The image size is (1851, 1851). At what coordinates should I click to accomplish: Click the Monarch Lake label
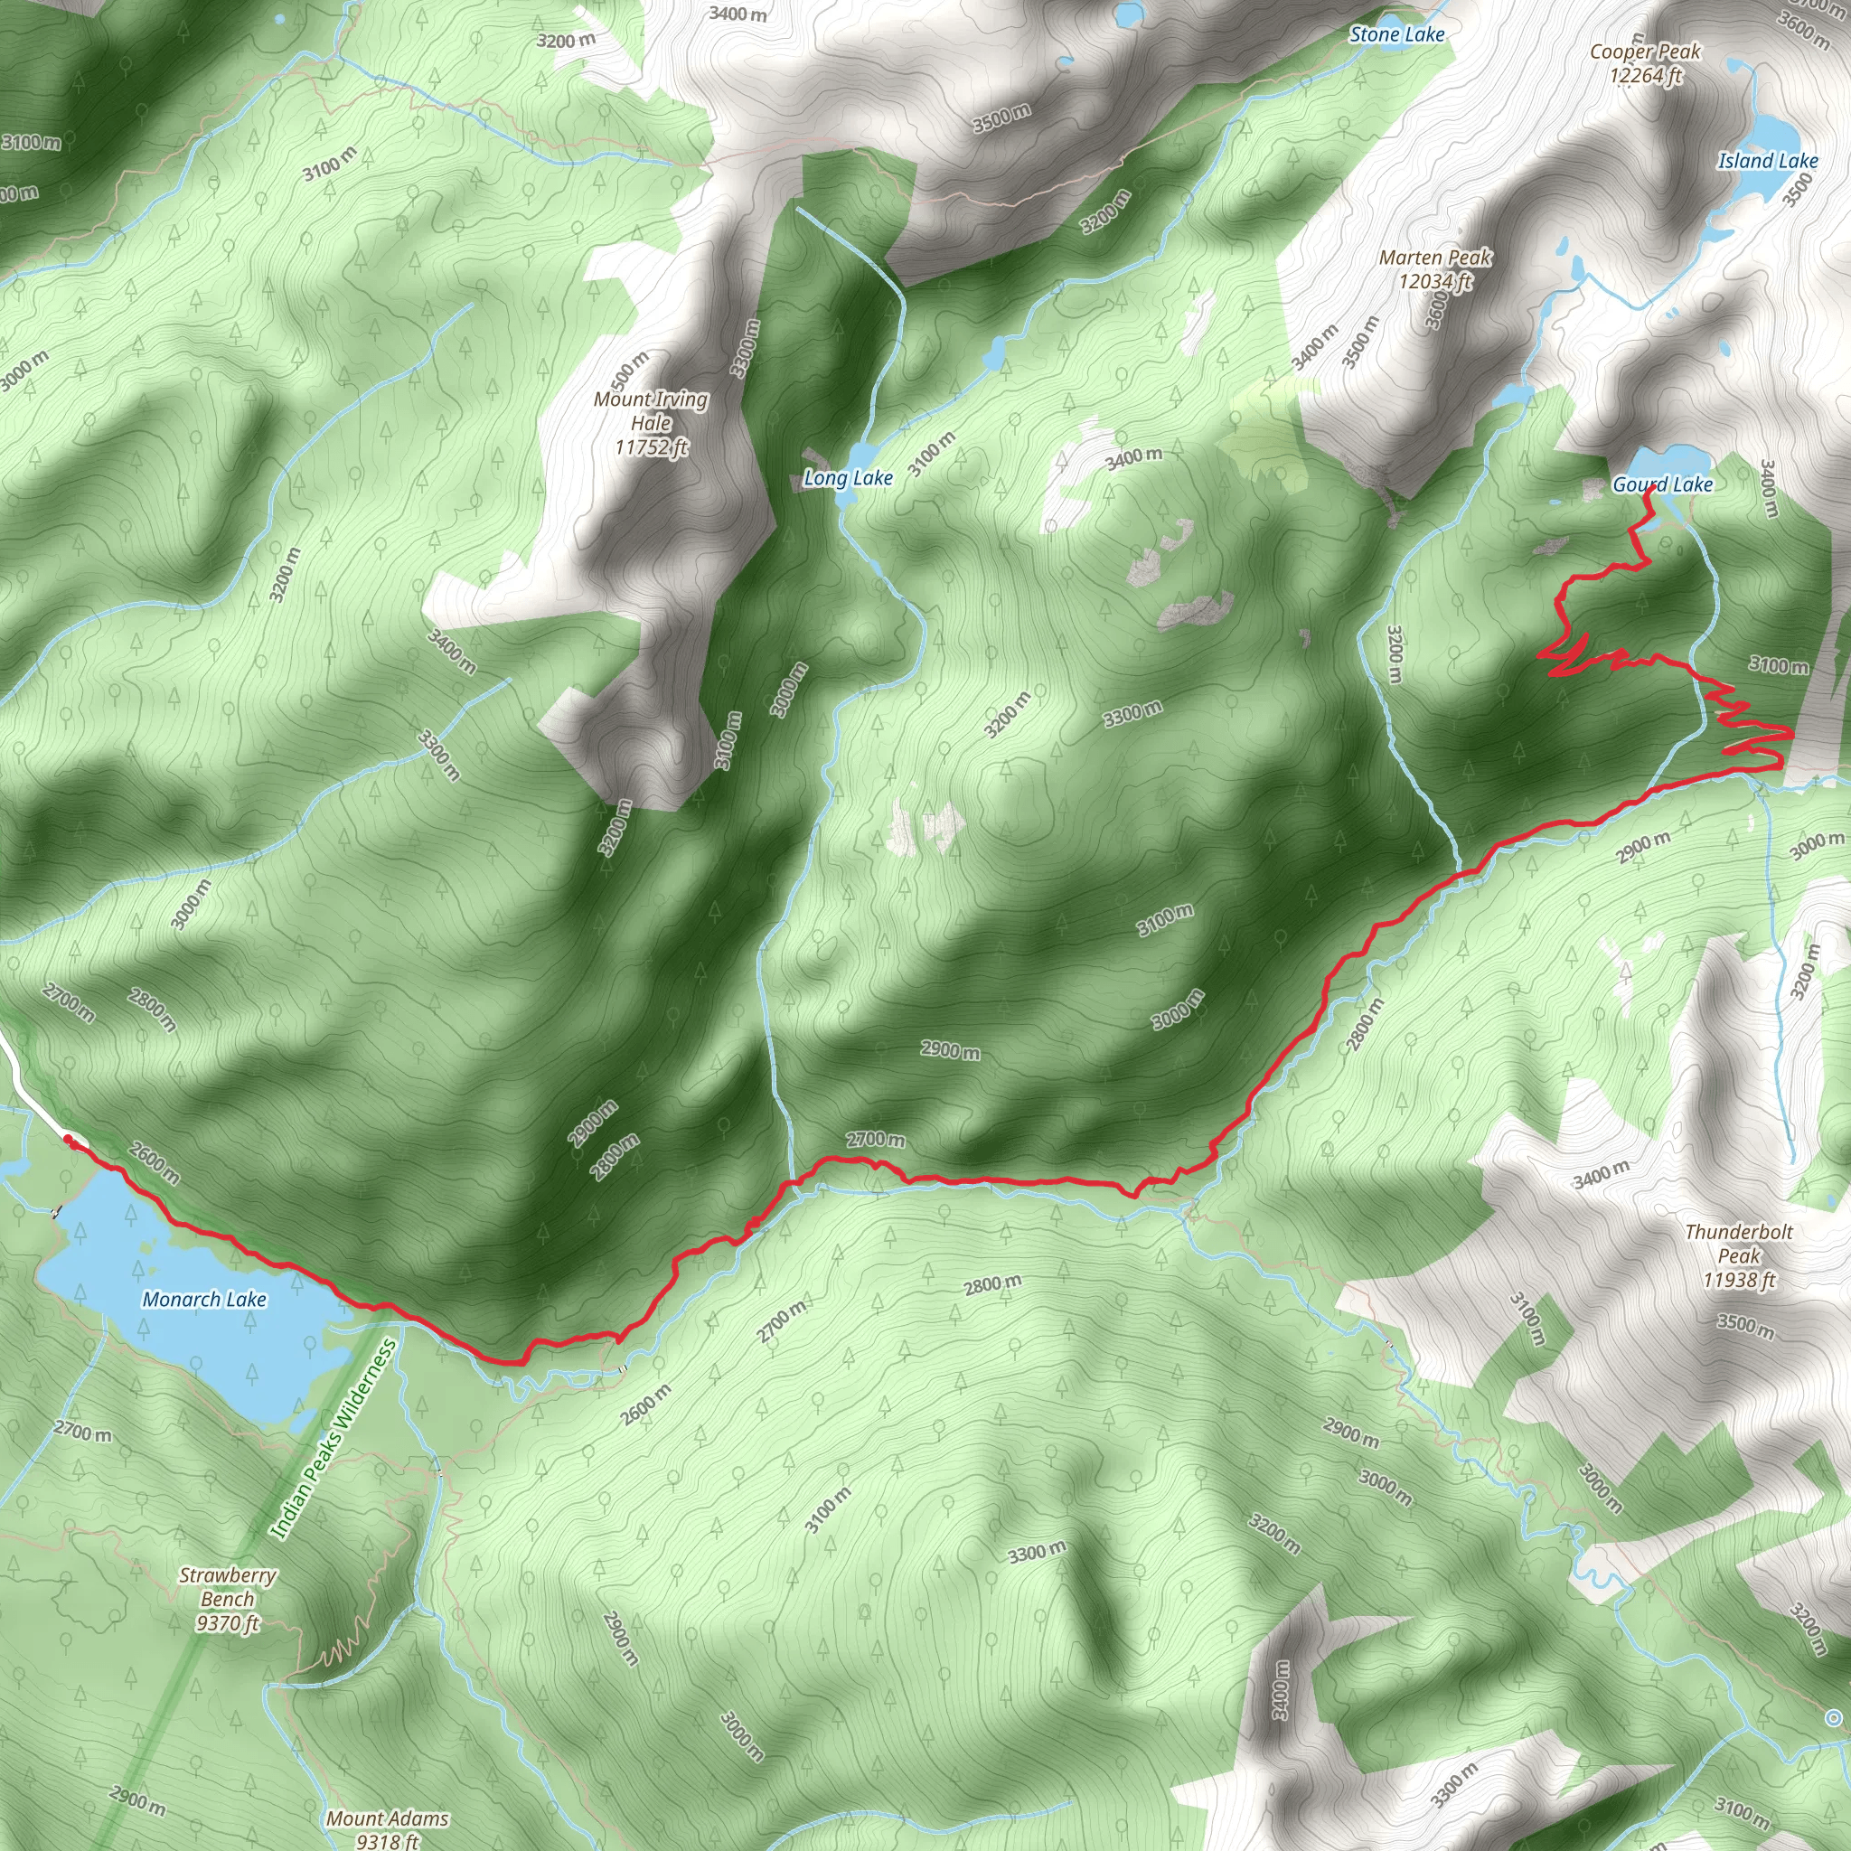coord(204,1299)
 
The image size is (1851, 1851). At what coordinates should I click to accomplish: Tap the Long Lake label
coord(848,478)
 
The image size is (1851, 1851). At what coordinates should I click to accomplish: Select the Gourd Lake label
coord(1662,484)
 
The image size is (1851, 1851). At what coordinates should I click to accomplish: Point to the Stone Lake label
coord(1397,35)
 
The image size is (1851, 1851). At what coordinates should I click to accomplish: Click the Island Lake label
coord(1768,161)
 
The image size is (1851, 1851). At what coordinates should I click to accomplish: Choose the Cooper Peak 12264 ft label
coord(1645,63)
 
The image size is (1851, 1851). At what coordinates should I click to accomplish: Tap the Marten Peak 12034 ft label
coord(1435,269)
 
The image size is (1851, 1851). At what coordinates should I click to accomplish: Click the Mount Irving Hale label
coord(652,422)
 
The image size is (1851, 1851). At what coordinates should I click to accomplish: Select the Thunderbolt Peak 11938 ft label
coord(1739,1255)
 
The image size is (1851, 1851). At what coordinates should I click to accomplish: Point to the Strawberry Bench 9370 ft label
coord(228,1599)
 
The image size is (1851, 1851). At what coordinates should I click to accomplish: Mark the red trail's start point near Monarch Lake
coord(67,1139)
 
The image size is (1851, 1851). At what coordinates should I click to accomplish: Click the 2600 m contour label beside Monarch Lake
coord(154,1163)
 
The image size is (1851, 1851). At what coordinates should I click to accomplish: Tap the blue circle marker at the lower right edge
coord(1834,1717)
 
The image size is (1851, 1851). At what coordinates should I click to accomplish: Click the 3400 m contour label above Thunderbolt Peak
coord(1601,1174)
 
